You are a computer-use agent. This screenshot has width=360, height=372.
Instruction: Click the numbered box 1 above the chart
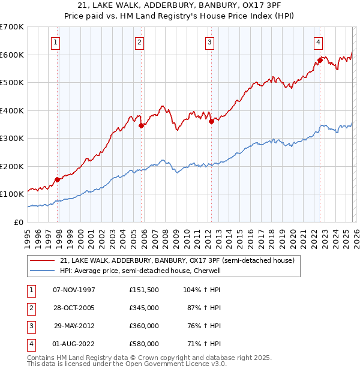click(x=55, y=42)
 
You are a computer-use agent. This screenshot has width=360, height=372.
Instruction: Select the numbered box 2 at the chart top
click(x=139, y=42)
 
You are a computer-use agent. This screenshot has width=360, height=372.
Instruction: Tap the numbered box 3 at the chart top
click(x=209, y=42)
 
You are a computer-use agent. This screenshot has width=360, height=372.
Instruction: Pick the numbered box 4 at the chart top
click(x=317, y=42)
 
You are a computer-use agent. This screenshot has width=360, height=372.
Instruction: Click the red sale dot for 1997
click(x=58, y=179)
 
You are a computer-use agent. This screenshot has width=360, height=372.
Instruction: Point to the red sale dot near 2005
click(x=142, y=126)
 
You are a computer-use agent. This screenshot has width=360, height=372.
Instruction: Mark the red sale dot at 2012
click(x=211, y=122)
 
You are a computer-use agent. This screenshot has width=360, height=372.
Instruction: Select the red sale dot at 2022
click(x=320, y=61)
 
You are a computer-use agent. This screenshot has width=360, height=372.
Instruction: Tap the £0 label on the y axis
click(x=18, y=222)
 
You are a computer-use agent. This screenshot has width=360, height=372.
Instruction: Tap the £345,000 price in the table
click(x=144, y=308)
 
